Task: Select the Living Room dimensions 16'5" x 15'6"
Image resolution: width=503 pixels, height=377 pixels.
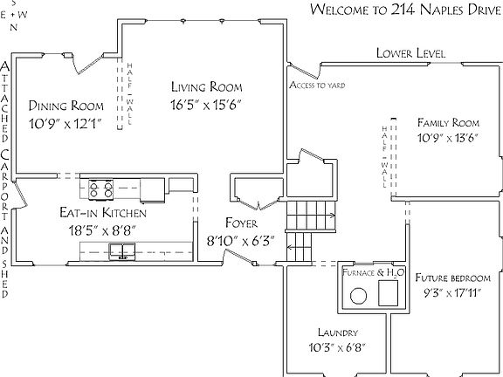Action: (205, 104)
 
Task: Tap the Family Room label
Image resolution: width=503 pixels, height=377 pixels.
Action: (449, 121)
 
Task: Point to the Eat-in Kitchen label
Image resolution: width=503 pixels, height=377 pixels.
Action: (102, 212)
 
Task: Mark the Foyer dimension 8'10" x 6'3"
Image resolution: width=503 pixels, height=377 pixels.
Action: (240, 240)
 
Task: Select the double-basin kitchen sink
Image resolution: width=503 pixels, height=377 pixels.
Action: (121, 252)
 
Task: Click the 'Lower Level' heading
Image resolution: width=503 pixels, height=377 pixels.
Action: (410, 53)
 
